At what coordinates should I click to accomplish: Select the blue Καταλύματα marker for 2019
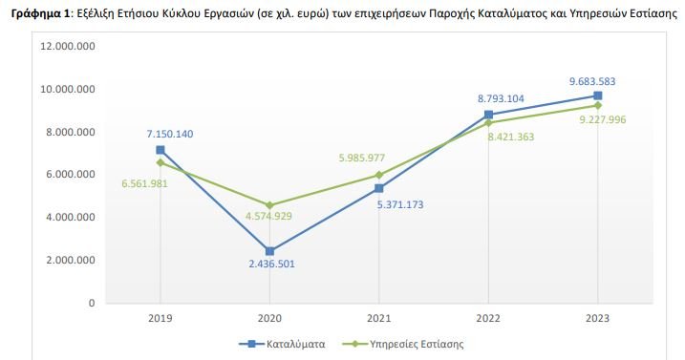(161, 150)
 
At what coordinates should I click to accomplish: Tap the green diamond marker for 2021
(379, 175)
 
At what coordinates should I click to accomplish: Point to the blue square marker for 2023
(597, 95)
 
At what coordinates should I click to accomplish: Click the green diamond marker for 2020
(269, 205)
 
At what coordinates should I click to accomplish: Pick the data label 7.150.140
(168, 134)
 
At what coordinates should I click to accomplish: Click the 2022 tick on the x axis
(488, 317)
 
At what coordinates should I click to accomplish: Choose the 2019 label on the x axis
(161, 317)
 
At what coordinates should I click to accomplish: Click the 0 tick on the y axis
(91, 303)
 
